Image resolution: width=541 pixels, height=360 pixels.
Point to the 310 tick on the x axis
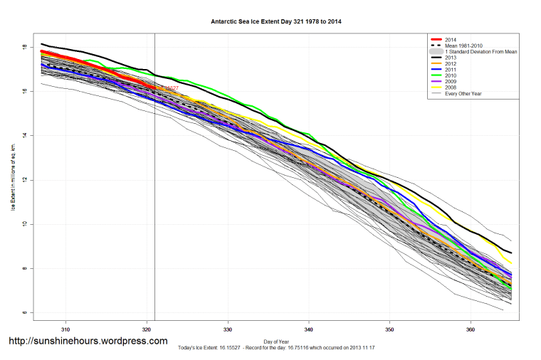coord(65,329)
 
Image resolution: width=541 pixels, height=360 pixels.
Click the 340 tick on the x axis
coord(309,329)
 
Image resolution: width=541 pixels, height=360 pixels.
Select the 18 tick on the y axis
coord(24,47)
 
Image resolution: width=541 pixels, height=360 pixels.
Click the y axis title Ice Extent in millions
coord(14,177)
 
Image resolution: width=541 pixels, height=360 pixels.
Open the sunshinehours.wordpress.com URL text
coord(88,341)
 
